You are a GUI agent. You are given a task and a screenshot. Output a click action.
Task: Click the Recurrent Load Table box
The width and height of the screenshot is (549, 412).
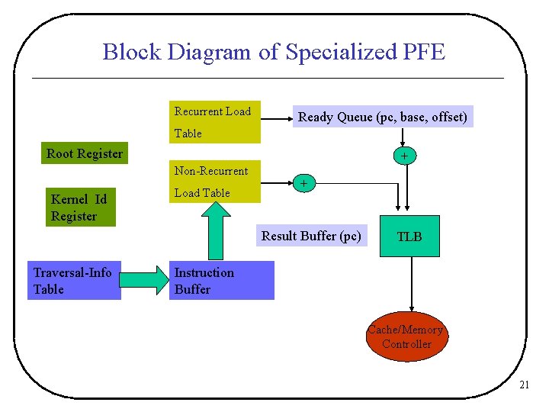point(214,122)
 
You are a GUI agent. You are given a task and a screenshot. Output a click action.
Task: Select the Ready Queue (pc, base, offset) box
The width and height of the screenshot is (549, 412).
point(382,117)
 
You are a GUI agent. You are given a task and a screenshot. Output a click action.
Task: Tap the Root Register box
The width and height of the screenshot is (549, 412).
point(84,153)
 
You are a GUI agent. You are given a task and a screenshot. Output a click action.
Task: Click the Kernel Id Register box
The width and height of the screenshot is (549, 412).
point(79,208)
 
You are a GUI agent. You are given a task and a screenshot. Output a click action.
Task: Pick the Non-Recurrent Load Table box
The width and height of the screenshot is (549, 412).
point(214,182)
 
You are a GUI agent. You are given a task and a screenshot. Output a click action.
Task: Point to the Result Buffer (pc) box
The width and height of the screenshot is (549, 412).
point(311,236)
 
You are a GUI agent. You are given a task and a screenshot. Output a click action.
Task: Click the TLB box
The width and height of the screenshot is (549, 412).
point(409,237)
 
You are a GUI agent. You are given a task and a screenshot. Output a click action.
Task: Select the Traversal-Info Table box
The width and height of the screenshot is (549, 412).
point(74,281)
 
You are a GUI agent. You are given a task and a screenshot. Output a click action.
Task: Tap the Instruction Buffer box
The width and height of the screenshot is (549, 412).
point(221,281)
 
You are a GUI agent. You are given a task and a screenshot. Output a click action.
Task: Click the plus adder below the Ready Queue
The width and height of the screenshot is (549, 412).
point(403,156)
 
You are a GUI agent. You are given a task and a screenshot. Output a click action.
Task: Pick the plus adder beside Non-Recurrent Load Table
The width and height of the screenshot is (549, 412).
point(303,184)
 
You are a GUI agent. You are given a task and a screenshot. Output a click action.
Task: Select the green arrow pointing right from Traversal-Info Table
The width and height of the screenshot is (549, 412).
point(145,281)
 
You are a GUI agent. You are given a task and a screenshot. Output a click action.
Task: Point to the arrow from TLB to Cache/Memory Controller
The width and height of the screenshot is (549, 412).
point(412,282)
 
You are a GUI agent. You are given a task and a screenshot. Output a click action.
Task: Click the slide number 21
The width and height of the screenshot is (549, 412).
point(523,385)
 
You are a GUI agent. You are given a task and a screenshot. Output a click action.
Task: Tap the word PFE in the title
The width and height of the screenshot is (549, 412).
point(421,52)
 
